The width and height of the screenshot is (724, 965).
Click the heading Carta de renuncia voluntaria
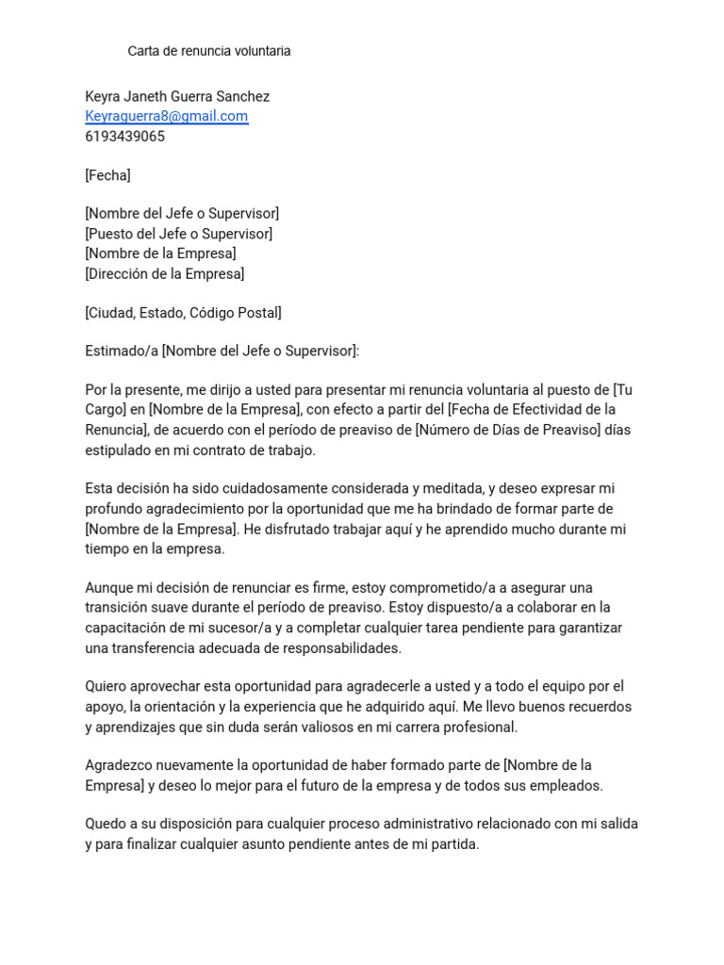click(x=209, y=51)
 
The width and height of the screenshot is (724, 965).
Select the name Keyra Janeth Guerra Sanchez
click(x=177, y=96)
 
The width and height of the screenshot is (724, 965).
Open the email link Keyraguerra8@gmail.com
click(x=166, y=116)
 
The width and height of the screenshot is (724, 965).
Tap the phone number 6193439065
click(x=124, y=136)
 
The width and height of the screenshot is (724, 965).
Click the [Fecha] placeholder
click(x=107, y=175)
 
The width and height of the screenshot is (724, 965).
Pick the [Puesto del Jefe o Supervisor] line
click(x=178, y=234)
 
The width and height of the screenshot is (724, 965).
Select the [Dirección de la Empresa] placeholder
click(x=164, y=273)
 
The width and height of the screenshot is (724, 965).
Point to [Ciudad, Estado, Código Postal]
click(x=183, y=313)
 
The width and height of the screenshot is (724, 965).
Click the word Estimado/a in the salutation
click(x=121, y=352)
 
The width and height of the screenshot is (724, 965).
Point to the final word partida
click(x=454, y=844)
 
